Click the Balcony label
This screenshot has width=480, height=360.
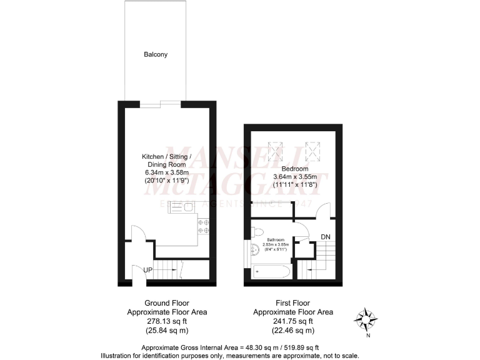(156, 54)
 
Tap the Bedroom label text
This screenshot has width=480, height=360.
(293, 169)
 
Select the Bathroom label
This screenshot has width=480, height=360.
(276, 239)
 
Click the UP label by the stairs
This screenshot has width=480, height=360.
(148, 269)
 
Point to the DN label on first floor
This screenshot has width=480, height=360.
(326, 237)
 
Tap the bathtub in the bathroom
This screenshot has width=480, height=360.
(271, 272)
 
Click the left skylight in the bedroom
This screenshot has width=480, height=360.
(275, 150)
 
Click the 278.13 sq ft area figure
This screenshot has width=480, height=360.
(167, 322)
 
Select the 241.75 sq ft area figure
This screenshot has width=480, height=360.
(292, 322)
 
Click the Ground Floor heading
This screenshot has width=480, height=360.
(167, 301)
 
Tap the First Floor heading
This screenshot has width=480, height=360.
(292, 301)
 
